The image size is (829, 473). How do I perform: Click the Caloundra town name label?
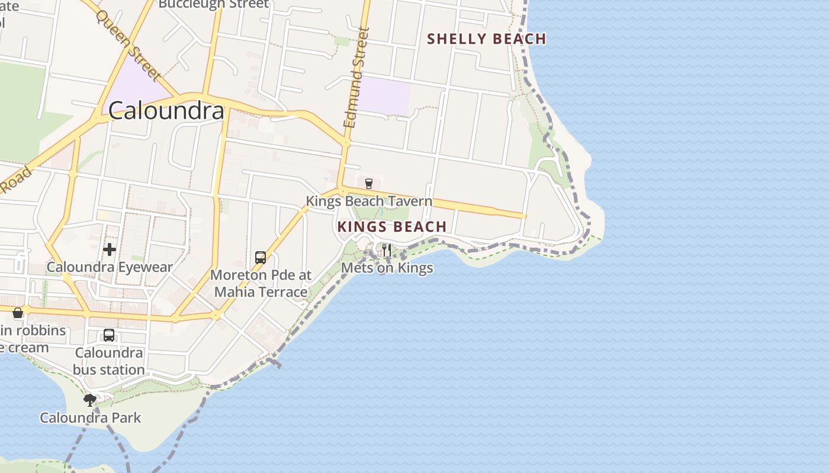(x=166, y=111)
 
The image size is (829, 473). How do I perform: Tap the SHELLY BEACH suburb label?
(x=486, y=39)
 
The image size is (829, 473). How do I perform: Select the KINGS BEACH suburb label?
(x=392, y=226)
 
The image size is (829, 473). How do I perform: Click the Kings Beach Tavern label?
(x=369, y=201)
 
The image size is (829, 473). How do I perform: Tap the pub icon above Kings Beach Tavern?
(x=369, y=183)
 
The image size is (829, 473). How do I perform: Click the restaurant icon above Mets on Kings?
(x=386, y=250)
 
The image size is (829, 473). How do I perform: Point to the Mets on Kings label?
(x=387, y=268)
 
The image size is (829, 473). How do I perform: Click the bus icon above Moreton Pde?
(x=260, y=258)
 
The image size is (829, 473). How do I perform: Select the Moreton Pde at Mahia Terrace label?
(x=261, y=283)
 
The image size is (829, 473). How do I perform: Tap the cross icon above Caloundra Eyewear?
(x=110, y=250)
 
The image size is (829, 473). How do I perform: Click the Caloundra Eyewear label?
(x=110, y=267)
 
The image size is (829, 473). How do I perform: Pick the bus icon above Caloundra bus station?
(x=109, y=335)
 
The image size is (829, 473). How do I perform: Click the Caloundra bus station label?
(x=109, y=361)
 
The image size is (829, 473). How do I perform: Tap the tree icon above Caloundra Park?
(x=90, y=400)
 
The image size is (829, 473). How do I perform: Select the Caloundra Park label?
(x=91, y=417)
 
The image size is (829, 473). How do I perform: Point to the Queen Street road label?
(x=128, y=45)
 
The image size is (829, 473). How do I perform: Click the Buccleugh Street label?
(x=214, y=4)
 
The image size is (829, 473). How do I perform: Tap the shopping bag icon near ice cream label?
(x=18, y=312)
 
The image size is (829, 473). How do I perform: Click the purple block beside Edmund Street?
(x=385, y=95)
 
